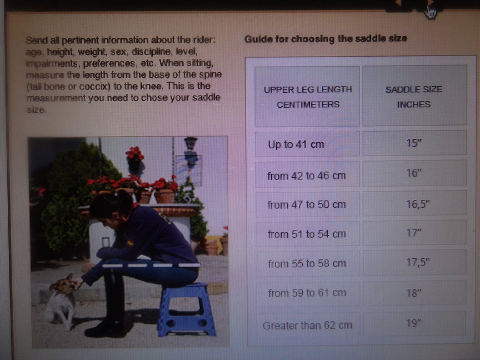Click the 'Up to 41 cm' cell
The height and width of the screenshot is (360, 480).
tap(307, 144)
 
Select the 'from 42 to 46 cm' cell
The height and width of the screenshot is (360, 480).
tap(307, 175)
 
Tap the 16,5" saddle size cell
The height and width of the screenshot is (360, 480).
tap(415, 203)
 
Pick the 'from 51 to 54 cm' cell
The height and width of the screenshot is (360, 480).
tap(307, 233)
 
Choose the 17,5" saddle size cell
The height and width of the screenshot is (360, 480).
tap(415, 262)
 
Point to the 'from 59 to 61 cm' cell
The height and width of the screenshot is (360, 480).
tap(307, 293)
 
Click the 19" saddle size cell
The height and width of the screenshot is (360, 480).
tap(415, 323)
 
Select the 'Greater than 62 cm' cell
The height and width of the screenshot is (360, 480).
tap(308, 325)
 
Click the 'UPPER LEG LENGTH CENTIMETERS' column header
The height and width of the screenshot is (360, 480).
tap(307, 96)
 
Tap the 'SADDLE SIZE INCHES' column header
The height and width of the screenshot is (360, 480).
tap(414, 96)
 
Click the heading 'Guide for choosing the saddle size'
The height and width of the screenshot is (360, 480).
tap(326, 39)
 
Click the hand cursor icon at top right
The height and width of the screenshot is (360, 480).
tap(431, 13)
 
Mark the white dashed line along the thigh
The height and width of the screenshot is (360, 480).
tap(151, 266)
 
